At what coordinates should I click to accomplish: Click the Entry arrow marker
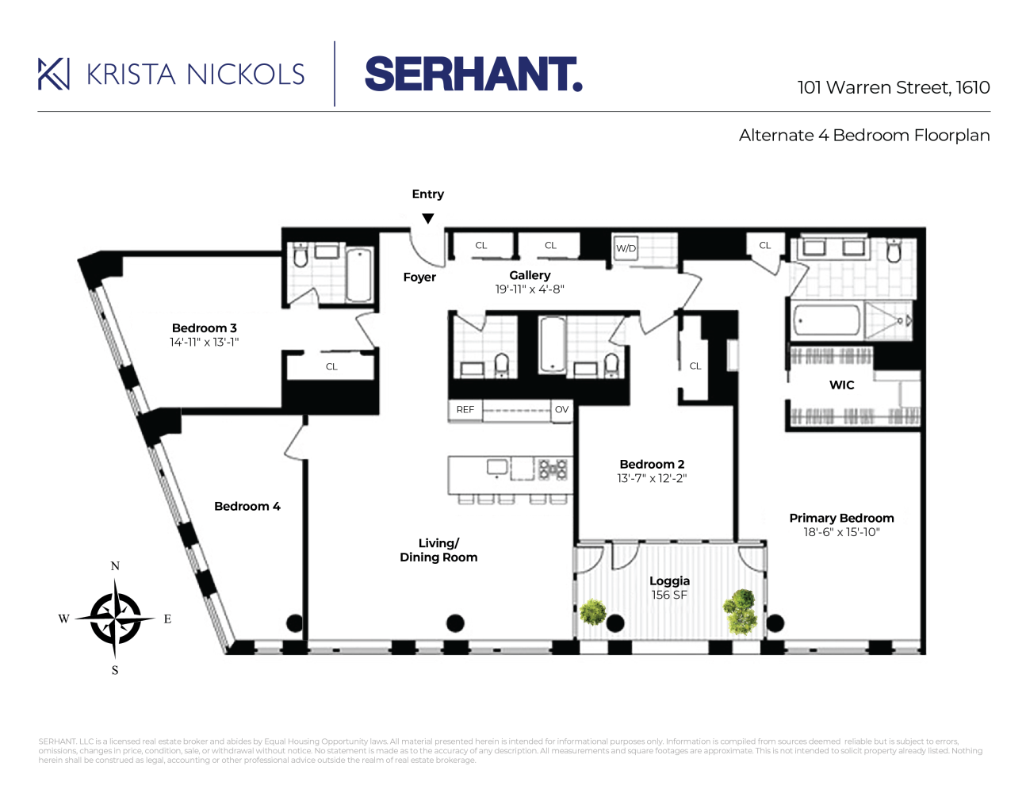pos(428,219)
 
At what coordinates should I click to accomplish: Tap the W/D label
pos(626,248)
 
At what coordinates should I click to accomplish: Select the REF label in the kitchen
pos(465,410)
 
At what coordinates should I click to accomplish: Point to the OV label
pos(561,410)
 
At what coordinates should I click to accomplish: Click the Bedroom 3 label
pos(205,328)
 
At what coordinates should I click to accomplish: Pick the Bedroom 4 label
pos(247,507)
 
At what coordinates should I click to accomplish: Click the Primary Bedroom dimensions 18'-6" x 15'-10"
pos(841,532)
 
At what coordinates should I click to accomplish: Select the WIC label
pos(842,385)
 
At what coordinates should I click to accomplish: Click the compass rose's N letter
pos(115,566)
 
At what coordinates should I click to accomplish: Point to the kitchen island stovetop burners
pos(553,469)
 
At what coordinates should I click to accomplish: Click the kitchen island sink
pos(498,467)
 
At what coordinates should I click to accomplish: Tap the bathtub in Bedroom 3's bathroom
pos(359,274)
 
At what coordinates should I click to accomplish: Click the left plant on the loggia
pos(593,611)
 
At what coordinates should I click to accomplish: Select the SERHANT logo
pos(473,75)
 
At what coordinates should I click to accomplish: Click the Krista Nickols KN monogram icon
pos(54,74)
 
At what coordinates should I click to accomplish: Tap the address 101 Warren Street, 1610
pos(894,87)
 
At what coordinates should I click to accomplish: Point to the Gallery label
pos(530,275)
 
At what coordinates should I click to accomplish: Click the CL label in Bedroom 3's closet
pos(331,366)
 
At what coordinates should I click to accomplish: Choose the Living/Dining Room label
pos(438,550)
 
